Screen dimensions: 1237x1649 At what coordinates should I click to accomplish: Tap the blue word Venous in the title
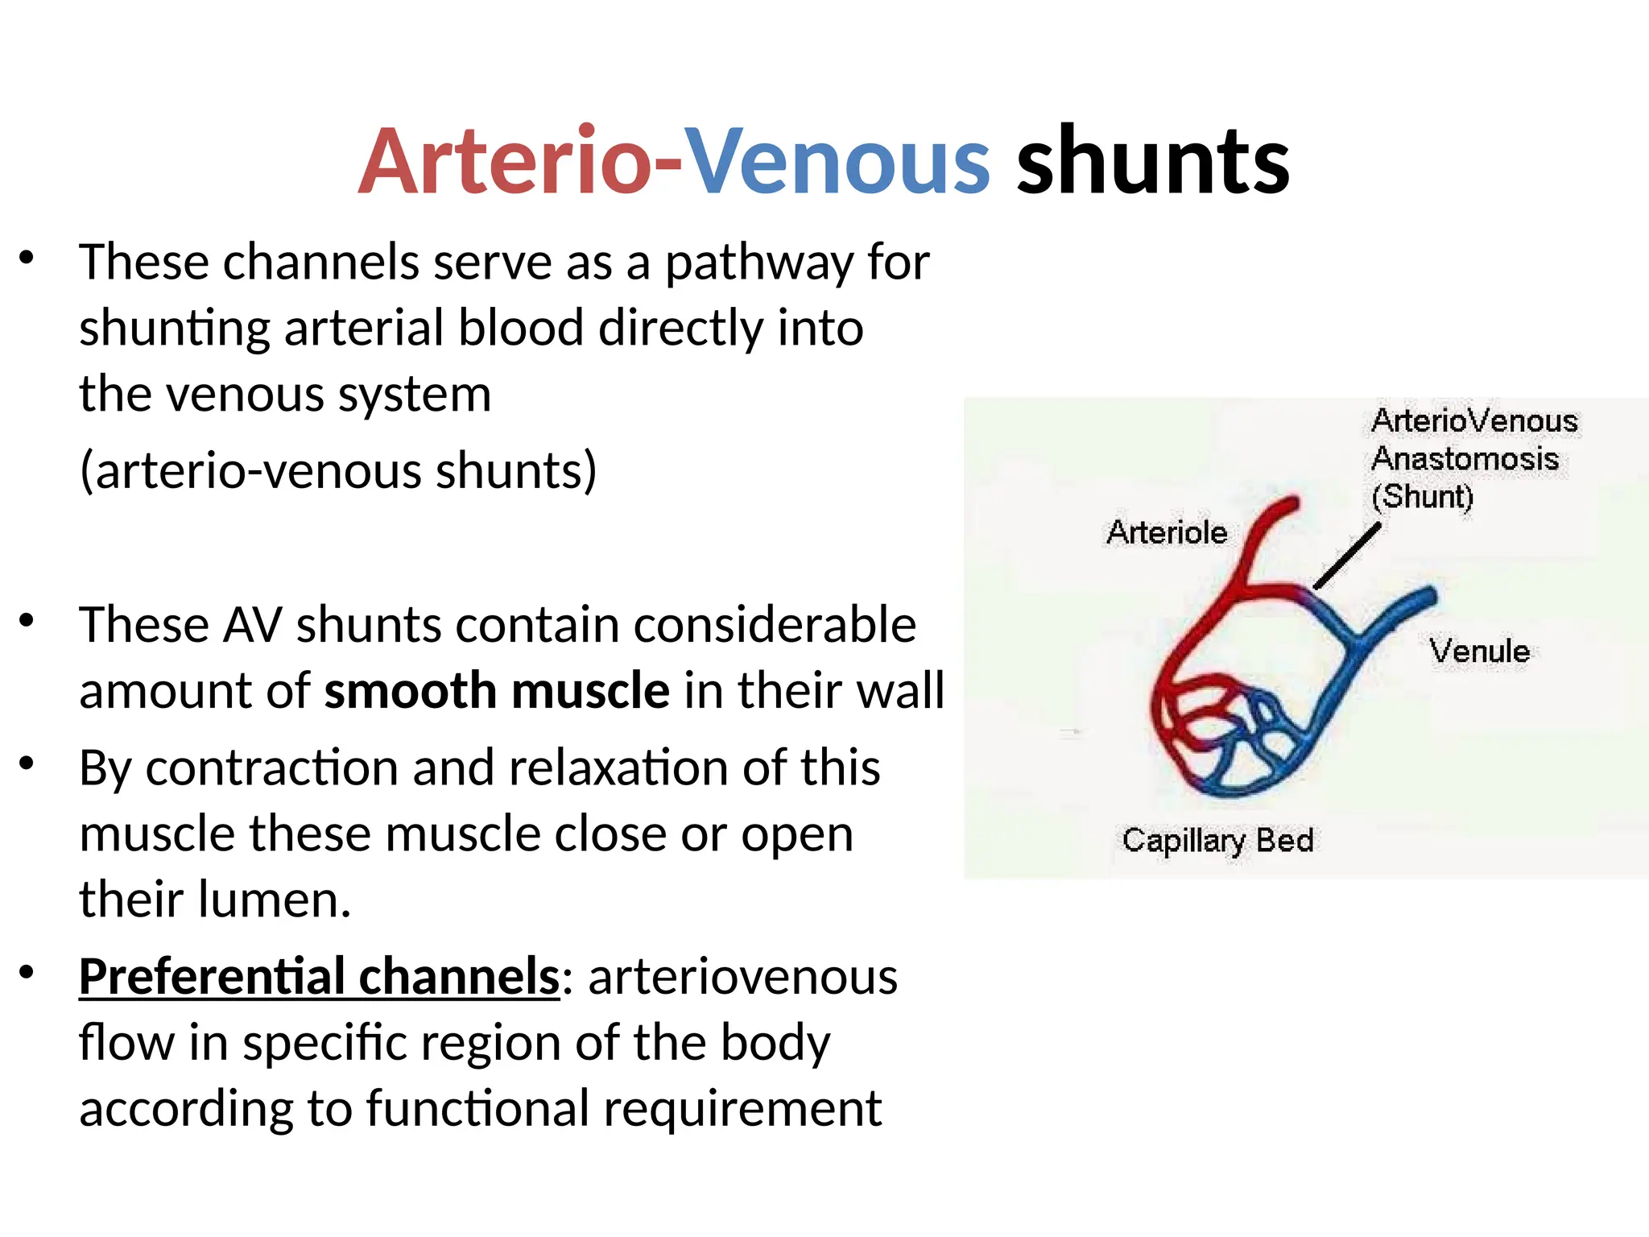coord(837,161)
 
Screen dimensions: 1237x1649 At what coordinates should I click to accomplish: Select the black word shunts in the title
coord(1153,161)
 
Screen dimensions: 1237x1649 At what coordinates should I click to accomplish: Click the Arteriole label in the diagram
coord(1167,532)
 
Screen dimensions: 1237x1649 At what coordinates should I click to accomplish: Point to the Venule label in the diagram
coord(1479,651)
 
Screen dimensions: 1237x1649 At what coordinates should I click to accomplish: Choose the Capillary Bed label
coord(1217,840)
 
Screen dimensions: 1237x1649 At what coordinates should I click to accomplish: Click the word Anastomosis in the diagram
coord(1465,458)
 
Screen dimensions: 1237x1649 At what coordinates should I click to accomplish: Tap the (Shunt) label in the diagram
coord(1423,496)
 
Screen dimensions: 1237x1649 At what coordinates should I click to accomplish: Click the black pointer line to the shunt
coord(1346,556)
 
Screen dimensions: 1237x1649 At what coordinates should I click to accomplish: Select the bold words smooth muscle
coord(497,691)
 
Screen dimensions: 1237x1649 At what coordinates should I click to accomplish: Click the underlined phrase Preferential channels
coord(319,976)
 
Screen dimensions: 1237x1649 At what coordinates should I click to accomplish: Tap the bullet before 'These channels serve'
coord(27,259)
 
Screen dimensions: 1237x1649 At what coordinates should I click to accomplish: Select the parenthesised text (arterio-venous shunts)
coord(338,470)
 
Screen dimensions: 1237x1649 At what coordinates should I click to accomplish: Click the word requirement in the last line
coord(742,1108)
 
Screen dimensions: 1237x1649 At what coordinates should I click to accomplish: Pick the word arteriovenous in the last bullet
coord(742,976)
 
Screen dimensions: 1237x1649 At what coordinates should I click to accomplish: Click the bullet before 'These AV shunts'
coord(27,621)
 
